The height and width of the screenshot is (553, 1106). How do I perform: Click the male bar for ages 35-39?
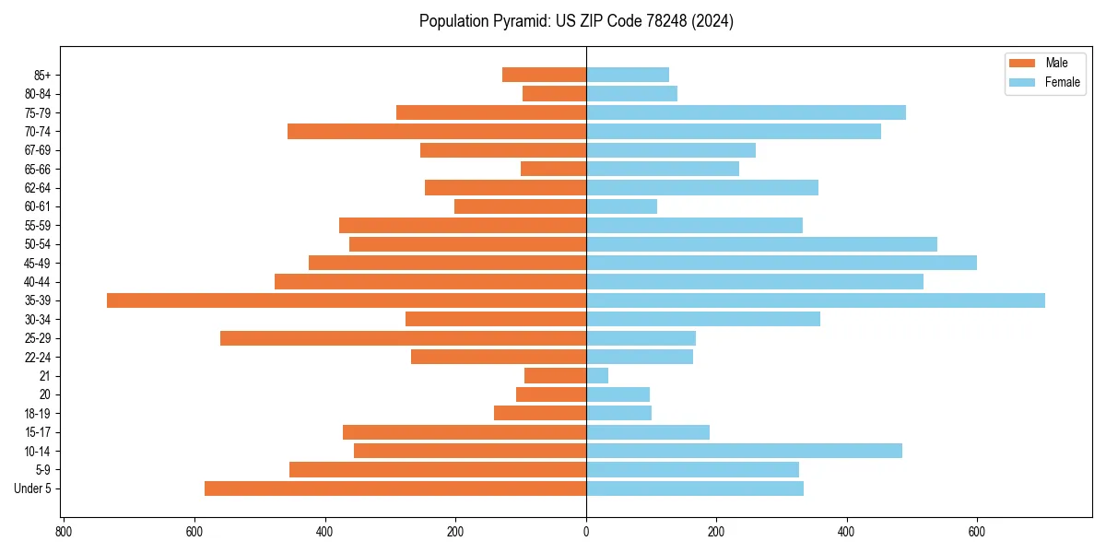pos(347,300)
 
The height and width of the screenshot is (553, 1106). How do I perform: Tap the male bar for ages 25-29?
pos(403,338)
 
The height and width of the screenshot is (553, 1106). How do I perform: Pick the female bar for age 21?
pos(597,375)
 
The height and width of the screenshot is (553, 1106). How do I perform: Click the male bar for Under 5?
pos(395,488)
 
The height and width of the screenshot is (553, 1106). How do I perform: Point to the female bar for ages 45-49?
pos(782,263)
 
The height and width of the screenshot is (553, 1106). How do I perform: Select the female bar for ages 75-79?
pos(746,112)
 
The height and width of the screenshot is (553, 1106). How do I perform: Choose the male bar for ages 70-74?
pos(437,131)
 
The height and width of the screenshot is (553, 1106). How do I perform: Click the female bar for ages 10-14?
pos(744,451)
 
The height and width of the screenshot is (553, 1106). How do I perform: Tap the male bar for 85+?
pos(544,75)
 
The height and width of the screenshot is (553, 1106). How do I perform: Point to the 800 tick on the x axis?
pos(64,532)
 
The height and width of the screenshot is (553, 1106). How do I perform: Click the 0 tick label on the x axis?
pos(586,532)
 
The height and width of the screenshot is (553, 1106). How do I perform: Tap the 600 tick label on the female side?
pos(977,532)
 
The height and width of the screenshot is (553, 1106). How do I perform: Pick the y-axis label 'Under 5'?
pos(32,488)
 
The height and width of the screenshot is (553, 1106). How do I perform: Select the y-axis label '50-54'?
pos(37,244)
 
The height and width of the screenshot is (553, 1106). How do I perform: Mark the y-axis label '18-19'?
pos(37,413)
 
